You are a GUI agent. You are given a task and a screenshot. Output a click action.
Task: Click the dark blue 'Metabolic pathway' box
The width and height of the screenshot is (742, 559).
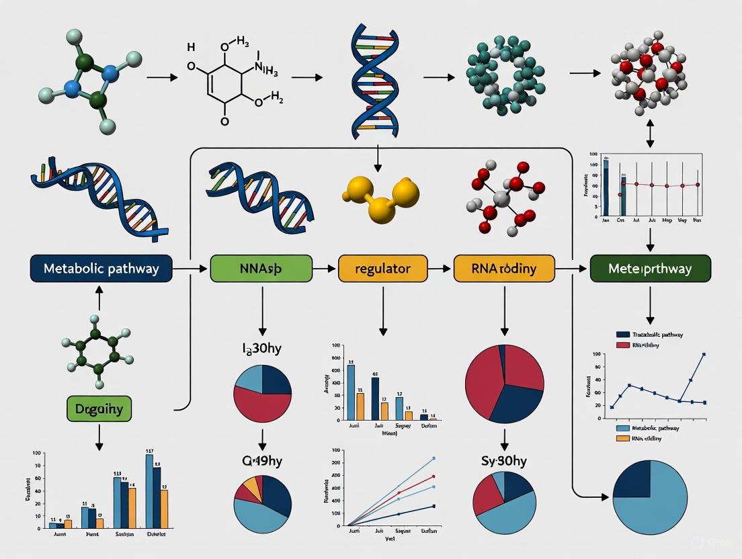click(x=101, y=269)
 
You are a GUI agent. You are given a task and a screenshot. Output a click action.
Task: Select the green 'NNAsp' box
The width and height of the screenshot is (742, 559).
click(x=261, y=269)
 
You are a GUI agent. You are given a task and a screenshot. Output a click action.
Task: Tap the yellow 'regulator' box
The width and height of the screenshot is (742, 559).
click(x=382, y=269)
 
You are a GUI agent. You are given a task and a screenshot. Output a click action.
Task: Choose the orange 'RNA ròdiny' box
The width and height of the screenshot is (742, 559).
click(x=504, y=269)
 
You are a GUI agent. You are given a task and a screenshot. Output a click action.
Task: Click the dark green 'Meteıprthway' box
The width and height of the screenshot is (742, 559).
click(x=650, y=269)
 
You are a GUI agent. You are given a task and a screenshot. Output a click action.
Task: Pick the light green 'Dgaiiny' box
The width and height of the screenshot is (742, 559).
click(x=99, y=408)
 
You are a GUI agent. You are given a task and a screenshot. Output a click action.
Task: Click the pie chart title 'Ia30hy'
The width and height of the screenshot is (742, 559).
click(x=261, y=349)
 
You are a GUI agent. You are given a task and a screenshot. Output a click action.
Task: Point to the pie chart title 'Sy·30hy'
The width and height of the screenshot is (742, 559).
click(x=504, y=461)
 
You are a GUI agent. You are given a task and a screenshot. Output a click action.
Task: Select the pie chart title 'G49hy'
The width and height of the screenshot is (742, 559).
click(x=261, y=462)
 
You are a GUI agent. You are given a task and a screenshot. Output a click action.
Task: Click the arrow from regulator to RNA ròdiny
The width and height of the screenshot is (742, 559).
click(x=440, y=269)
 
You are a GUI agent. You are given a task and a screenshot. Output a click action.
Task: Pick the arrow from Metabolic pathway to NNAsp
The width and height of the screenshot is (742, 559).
click(x=191, y=269)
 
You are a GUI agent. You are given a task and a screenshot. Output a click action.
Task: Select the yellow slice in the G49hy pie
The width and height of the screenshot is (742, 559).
click(x=252, y=486)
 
